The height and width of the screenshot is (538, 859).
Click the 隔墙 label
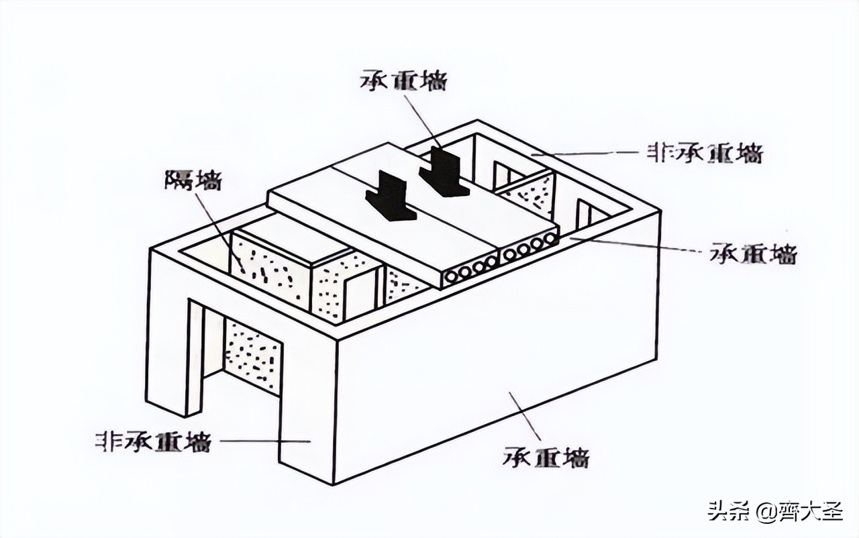193,180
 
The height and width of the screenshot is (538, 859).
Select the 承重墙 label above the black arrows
403,79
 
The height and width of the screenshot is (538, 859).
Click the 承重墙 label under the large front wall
546,456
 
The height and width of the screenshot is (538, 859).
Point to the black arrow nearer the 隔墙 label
391,197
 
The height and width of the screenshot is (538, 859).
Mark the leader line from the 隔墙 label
221,231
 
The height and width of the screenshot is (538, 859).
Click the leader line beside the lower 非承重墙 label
264,441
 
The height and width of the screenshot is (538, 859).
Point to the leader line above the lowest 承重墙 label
525,415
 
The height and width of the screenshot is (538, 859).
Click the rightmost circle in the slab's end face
551,239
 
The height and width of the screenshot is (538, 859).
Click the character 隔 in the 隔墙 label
179,180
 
